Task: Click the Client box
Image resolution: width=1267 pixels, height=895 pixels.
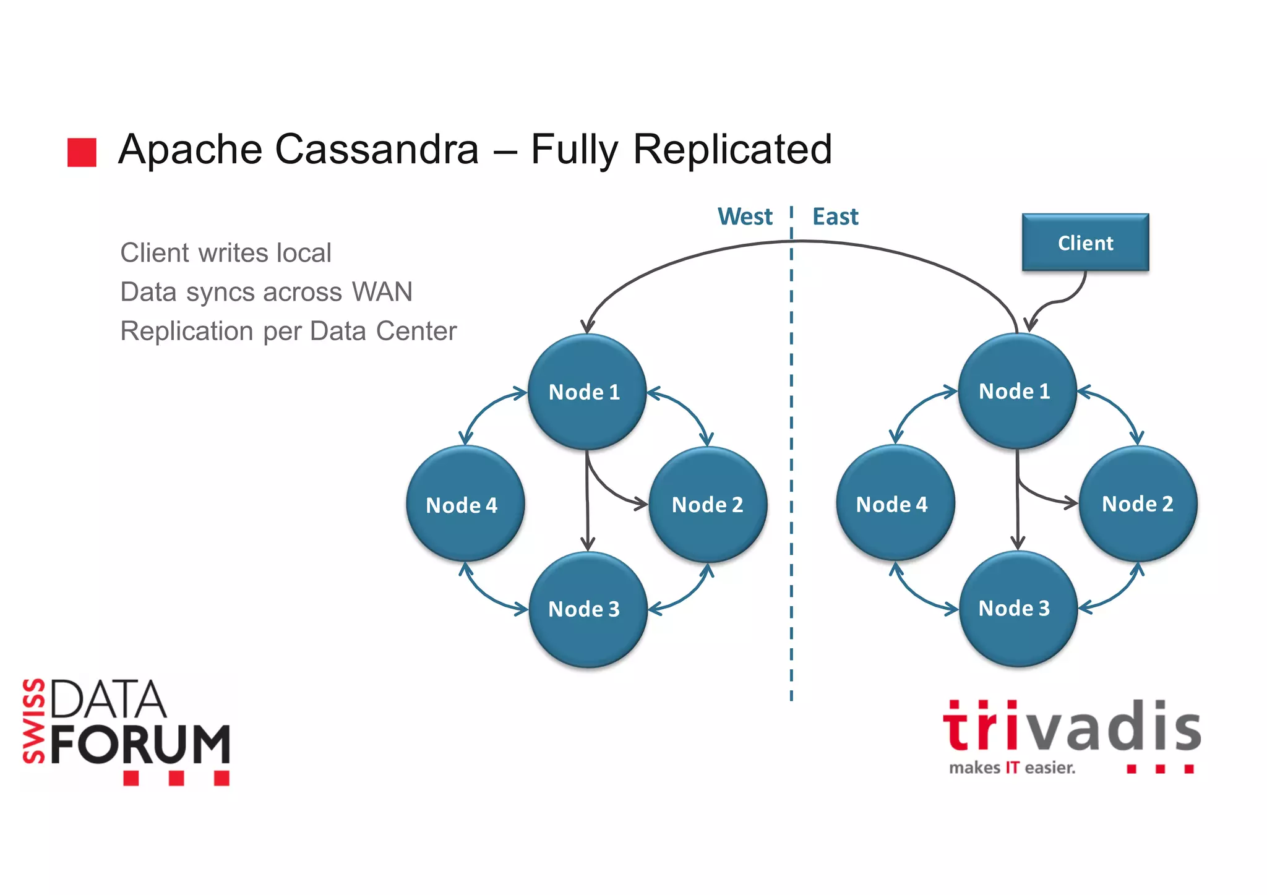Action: pyautogui.click(x=1085, y=242)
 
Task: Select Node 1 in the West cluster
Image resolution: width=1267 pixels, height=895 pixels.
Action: pyautogui.click(x=586, y=392)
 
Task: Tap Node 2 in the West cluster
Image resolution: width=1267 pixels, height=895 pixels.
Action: pyautogui.click(x=708, y=505)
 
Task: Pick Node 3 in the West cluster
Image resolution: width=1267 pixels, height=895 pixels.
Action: pyautogui.click(x=587, y=609)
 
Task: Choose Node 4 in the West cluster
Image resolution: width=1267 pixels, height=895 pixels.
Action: pyautogui.click(x=465, y=505)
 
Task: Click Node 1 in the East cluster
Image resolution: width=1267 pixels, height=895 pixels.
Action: pyautogui.click(x=1016, y=392)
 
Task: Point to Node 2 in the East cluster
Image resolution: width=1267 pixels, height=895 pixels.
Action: pyautogui.click(x=1138, y=504)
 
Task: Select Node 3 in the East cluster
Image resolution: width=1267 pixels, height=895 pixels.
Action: pyautogui.click(x=1017, y=609)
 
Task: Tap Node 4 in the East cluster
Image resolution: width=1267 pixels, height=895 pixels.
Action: pyautogui.click(x=895, y=504)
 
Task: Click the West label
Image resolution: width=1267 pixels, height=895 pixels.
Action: pyautogui.click(x=745, y=217)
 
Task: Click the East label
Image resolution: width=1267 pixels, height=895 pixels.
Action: pyautogui.click(x=835, y=217)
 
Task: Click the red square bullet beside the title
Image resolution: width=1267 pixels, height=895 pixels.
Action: pyautogui.click(x=82, y=152)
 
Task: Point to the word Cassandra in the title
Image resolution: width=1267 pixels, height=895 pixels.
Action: pyautogui.click(x=377, y=150)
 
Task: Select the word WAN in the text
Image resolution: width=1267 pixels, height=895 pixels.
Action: pyautogui.click(x=382, y=292)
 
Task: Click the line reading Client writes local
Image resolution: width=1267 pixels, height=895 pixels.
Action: pyautogui.click(x=226, y=253)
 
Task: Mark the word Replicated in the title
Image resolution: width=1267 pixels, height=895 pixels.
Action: pyautogui.click(x=732, y=150)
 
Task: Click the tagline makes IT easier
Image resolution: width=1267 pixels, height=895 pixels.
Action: pyautogui.click(x=1012, y=768)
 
